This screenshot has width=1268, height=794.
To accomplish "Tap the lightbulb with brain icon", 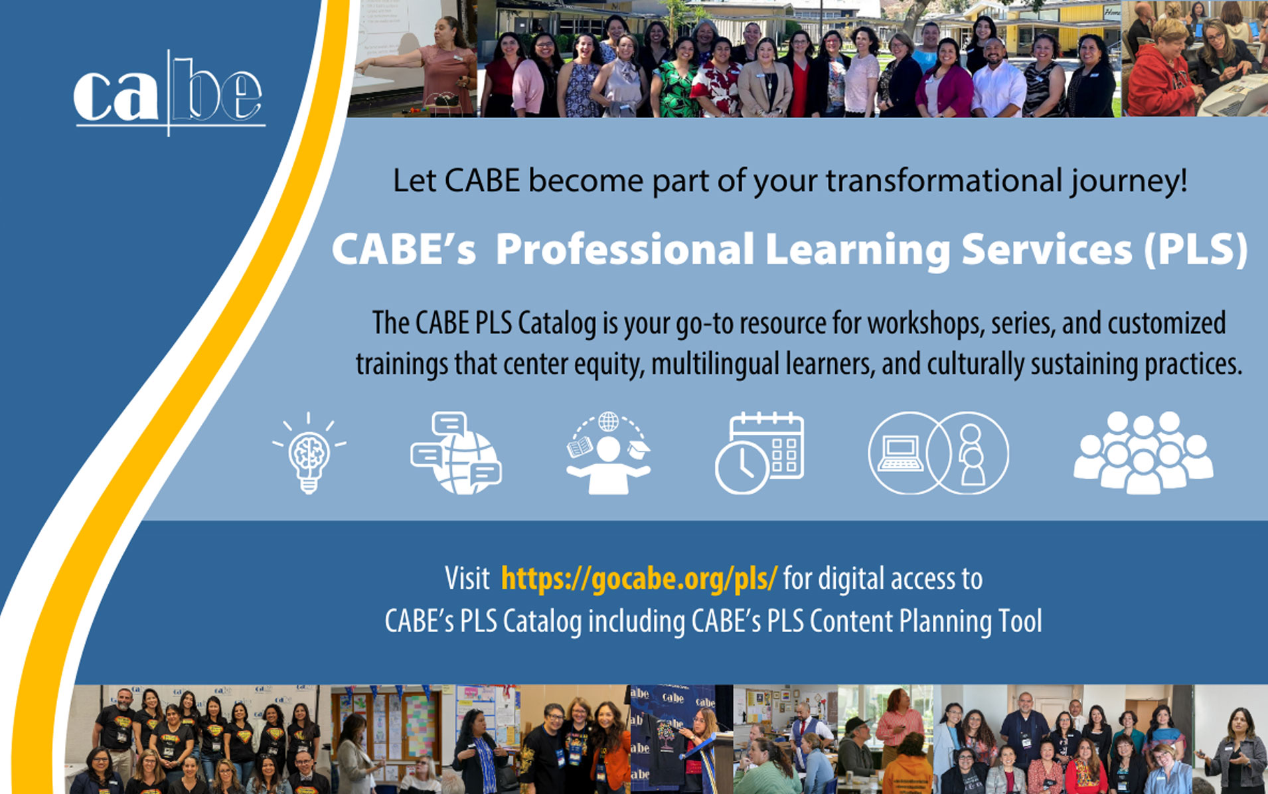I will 309,453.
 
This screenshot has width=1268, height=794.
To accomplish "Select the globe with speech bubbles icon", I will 456,453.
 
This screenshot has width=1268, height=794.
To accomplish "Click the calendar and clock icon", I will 759,453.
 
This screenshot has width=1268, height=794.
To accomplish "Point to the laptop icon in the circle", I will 900,454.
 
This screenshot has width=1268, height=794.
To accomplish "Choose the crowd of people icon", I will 1143,453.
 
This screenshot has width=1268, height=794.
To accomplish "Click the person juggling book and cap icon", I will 608,453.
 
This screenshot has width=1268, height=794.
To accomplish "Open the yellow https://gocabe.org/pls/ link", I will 639,578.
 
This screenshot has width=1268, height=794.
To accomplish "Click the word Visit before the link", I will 467,578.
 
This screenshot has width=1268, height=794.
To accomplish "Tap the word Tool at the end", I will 1020,621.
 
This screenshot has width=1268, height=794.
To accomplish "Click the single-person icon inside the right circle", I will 971,454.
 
